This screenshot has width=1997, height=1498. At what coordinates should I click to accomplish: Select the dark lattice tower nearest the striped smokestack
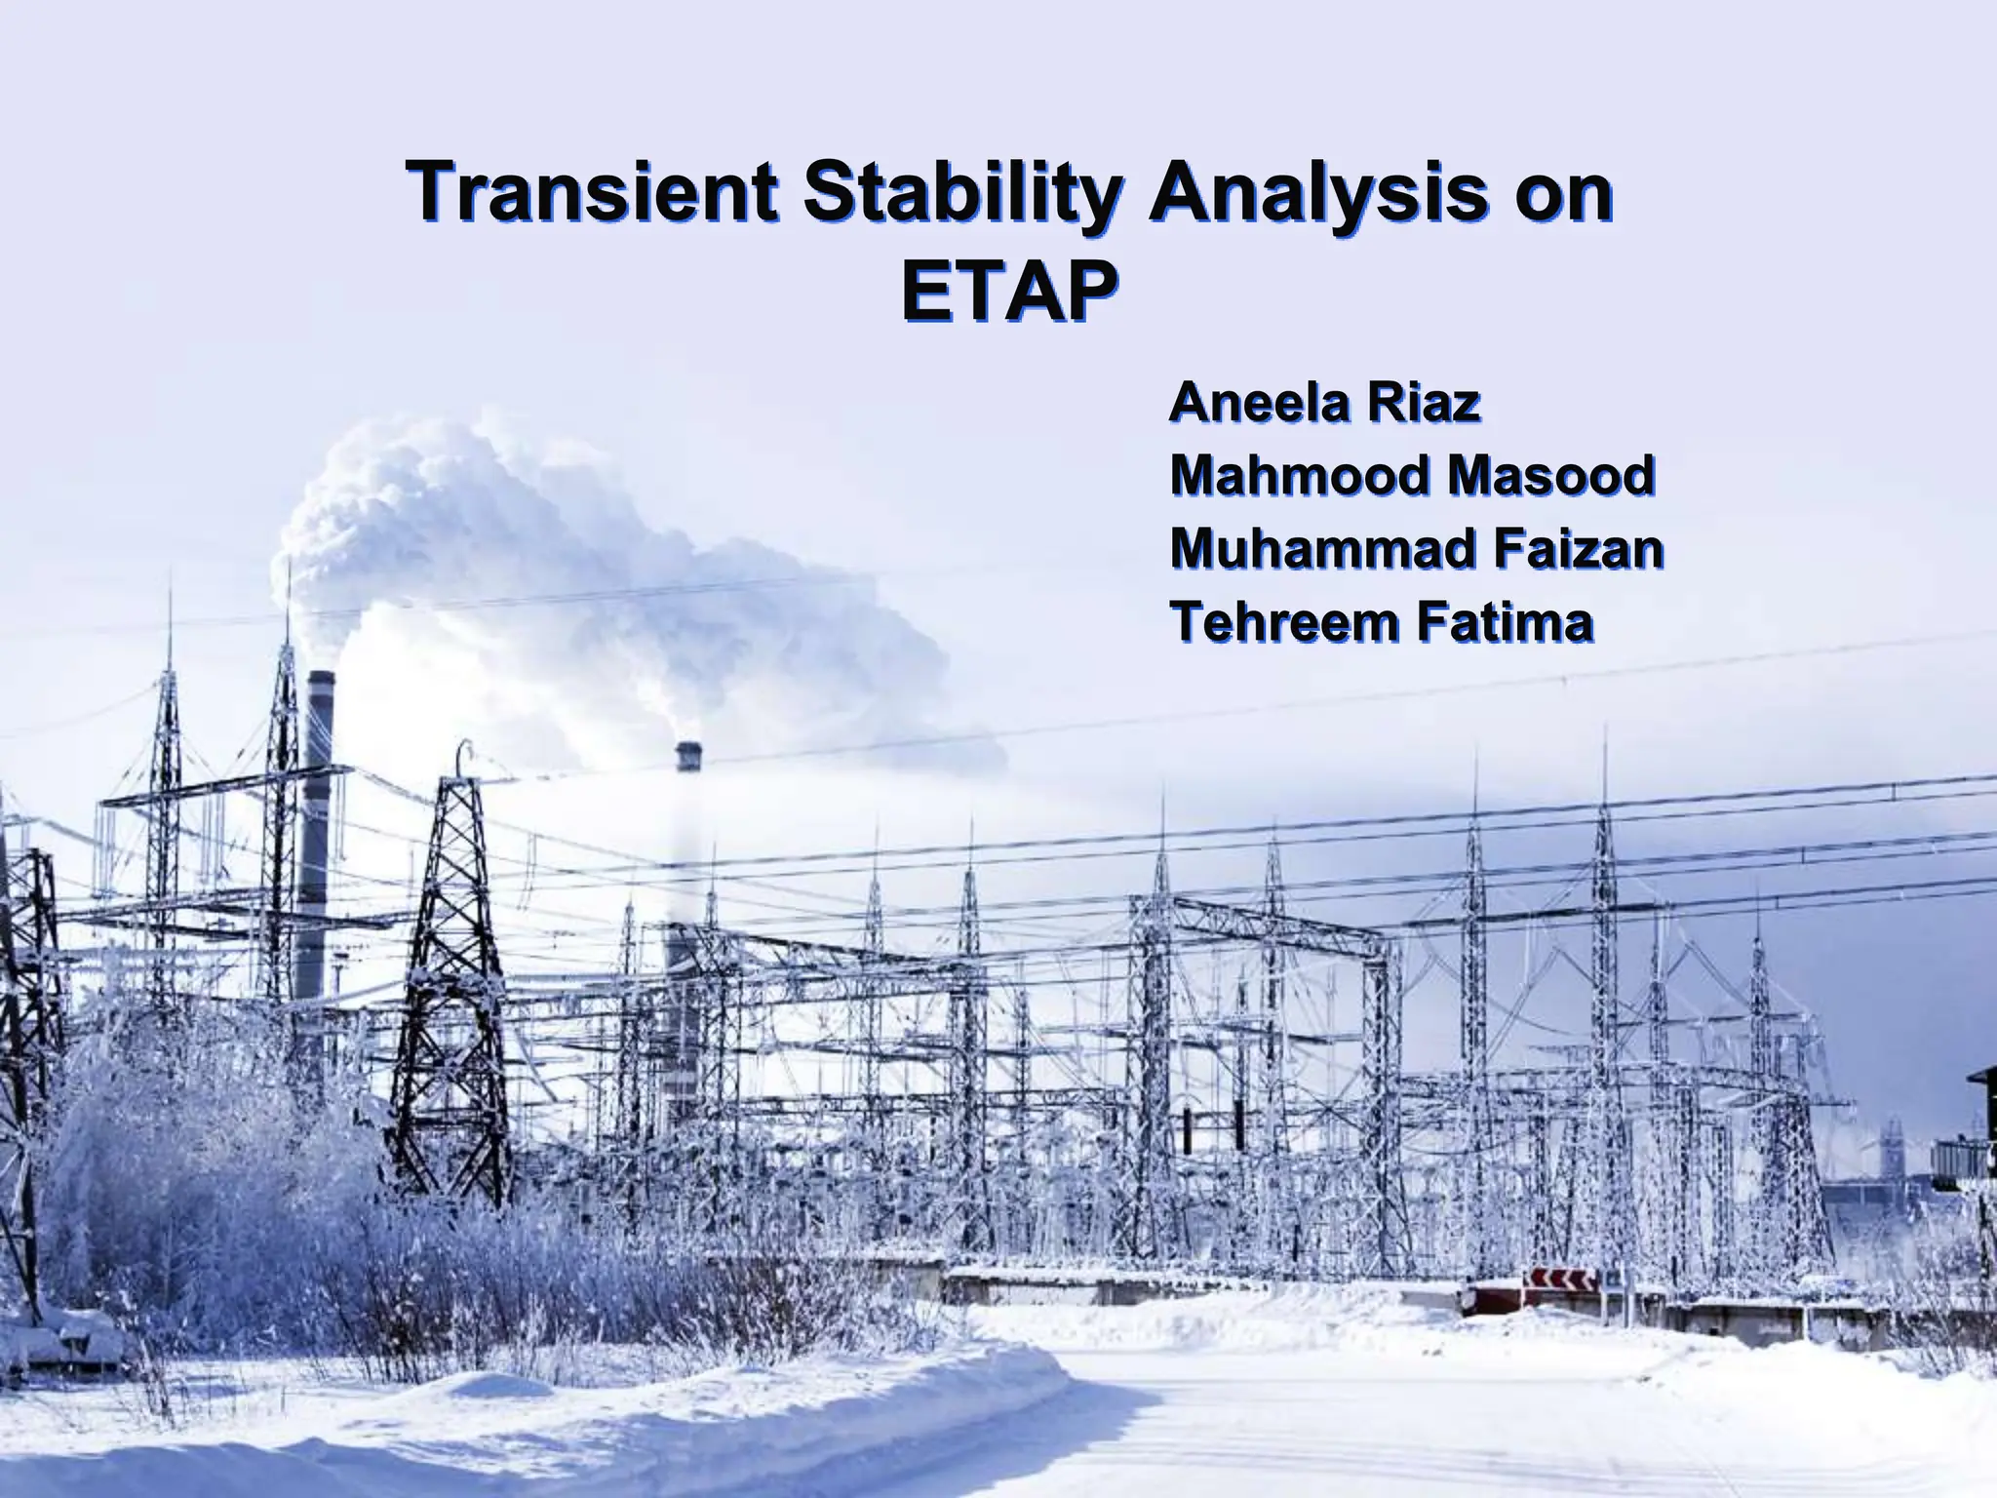(455, 975)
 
